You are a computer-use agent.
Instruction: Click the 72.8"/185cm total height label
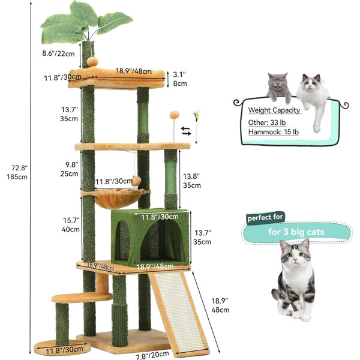(x=17, y=172)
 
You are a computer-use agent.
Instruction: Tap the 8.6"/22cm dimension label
(x=58, y=53)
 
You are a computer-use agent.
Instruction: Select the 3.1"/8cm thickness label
(x=180, y=79)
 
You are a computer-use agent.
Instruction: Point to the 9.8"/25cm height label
(x=70, y=169)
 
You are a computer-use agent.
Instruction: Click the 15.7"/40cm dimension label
(x=71, y=225)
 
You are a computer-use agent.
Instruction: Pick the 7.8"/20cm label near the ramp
(x=152, y=355)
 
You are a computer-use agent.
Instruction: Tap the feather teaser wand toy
(x=196, y=127)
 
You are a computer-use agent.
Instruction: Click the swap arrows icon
(x=186, y=131)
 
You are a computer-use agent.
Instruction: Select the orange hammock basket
(x=115, y=198)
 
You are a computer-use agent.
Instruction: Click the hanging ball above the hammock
(x=136, y=181)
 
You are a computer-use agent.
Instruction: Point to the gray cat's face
(x=278, y=83)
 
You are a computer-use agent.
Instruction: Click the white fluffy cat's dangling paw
(x=317, y=129)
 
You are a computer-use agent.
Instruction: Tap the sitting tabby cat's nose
(x=295, y=260)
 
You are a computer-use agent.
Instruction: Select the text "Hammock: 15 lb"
(x=274, y=132)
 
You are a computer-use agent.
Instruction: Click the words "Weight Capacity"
(x=274, y=110)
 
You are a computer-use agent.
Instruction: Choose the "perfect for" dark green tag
(x=265, y=217)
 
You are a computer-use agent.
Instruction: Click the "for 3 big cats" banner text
(x=296, y=232)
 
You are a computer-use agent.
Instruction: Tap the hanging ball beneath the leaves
(x=92, y=62)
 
